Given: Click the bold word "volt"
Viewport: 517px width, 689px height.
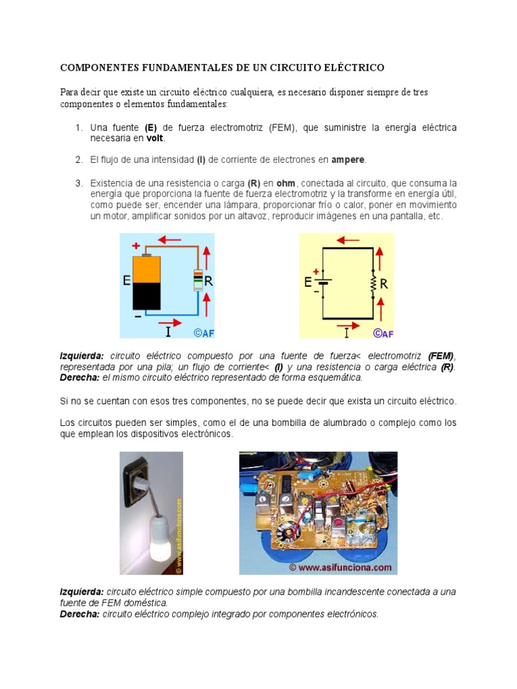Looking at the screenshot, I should [x=154, y=139].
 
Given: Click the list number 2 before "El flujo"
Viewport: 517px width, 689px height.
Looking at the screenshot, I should [x=78, y=160].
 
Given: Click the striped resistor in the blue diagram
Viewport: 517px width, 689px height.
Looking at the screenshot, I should [x=197, y=279].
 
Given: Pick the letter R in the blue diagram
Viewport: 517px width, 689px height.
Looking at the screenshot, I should [x=209, y=283].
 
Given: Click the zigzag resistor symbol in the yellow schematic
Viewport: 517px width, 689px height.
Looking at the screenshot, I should [x=372, y=283].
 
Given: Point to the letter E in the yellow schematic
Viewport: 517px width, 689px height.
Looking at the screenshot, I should [x=308, y=282].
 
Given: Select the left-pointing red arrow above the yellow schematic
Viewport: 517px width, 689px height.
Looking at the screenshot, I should [x=348, y=240].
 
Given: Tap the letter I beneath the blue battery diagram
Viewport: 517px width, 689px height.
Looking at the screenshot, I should [x=168, y=331].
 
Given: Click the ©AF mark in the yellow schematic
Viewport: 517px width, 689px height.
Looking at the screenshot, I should [x=383, y=332].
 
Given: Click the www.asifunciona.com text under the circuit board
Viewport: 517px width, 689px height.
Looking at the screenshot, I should [x=340, y=567].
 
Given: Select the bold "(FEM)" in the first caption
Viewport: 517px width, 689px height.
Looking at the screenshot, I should [x=441, y=355].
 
